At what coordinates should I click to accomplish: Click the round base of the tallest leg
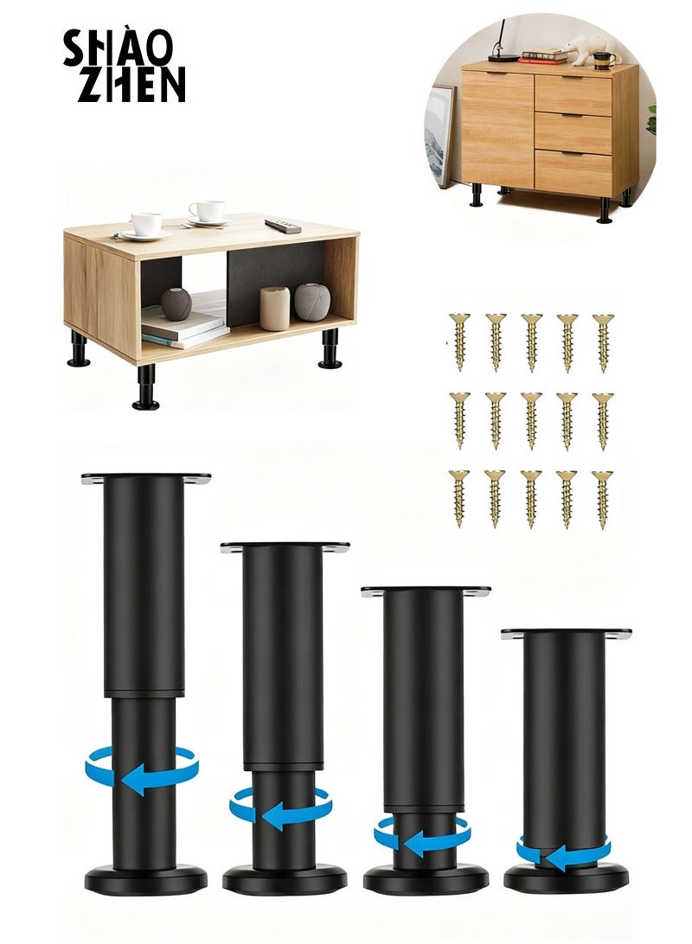pos(145,881)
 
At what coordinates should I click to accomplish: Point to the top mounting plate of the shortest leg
pos(566,634)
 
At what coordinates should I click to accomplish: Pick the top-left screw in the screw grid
pos(458,342)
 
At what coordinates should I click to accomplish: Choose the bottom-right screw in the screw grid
pos(603,498)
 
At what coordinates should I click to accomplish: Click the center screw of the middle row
pos(531,420)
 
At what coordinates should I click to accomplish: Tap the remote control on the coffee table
pos(283,226)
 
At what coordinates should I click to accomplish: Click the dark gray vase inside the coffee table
pos(176,303)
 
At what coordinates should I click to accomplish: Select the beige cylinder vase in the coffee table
pos(274,308)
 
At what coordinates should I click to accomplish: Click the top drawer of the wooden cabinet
pos(573,94)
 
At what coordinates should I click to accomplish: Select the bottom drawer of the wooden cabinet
pos(573,172)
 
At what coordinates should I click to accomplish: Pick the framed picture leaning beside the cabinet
pos(439,134)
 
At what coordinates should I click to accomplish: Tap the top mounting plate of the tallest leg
pos(145,478)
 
